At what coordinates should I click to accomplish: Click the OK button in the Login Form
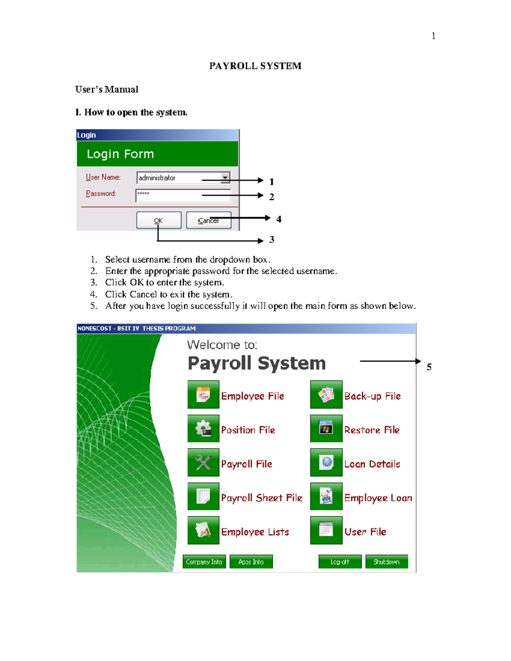pyautogui.click(x=159, y=220)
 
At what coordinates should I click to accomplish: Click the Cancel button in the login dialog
pyautogui.click(x=209, y=220)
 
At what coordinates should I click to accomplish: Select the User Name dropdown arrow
pyautogui.click(x=225, y=177)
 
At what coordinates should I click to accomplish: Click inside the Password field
pyautogui.click(x=183, y=195)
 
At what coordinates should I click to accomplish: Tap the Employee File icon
pyautogui.click(x=204, y=395)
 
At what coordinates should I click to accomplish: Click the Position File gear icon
pyautogui.click(x=204, y=429)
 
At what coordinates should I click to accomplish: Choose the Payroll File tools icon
pyautogui.click(x=204, y=462)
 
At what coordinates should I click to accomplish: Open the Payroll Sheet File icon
pyautogui.click(x=204, y=496)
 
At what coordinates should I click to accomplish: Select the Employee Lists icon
pyautogui.click(x=204, y=530)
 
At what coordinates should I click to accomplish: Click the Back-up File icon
pyautogui.click(x=326, y=395)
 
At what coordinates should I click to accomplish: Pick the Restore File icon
pyautogui.click(x=326, y=429)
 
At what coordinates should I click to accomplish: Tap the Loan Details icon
pyautogui.click(x=326, y=462)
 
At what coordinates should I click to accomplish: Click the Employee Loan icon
pyautogui.click(x=326, y=496)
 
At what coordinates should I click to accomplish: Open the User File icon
pyautogui.click(x=326, y=530)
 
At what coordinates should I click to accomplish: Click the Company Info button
pyautogui.click(x=204, y=562)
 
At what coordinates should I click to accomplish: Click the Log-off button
pyautogui.click(x=340, y=562)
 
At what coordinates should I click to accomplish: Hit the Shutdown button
pyautogui.click(x=387, y=562)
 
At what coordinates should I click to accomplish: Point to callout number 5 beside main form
pyautogui.click(x=429, y=367)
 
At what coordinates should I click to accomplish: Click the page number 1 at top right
pyautogui.click(x=433, y=36)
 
